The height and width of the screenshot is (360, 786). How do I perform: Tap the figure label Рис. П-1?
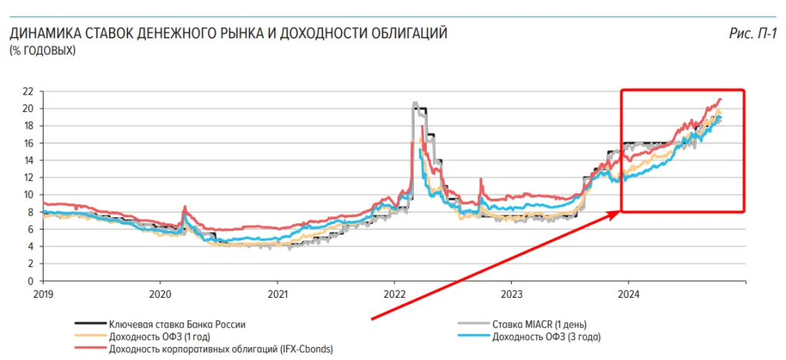[x=754, y=34]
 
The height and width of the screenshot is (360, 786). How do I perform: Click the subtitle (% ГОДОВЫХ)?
[x=42, y=51]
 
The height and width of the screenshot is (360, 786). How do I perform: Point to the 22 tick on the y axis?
[x=28, y=91]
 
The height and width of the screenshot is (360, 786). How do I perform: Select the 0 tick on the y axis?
[x=31, y=281]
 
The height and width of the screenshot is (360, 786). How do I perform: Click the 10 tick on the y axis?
[x=28, y=195]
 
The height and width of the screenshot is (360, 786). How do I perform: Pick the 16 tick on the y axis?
[x=28, y=143]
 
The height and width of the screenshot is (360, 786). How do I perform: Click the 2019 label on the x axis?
[x=43, y=294]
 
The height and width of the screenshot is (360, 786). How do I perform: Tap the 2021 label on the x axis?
[x=277, y=294]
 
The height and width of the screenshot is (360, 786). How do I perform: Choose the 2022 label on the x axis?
[x=395, y=294]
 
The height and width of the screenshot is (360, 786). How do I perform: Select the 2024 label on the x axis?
[x=629, y=294]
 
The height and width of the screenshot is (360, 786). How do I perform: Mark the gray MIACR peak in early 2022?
[x=415, y=103]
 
